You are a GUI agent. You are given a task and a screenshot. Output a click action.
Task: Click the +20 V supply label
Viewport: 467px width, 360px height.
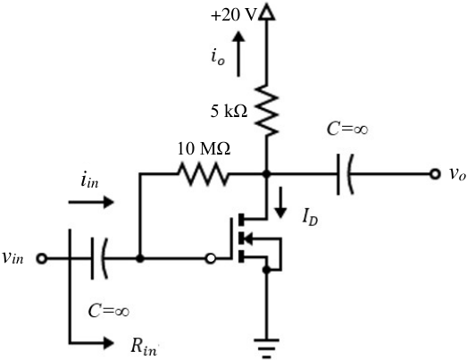tap(234, 15)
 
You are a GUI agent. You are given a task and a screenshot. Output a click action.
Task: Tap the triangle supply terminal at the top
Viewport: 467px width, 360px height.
tap(267, 13)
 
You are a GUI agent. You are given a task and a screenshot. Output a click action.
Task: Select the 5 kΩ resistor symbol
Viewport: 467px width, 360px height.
tap(267, 111)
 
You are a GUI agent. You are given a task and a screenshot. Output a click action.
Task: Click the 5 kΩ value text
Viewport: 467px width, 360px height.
tap(229, 112)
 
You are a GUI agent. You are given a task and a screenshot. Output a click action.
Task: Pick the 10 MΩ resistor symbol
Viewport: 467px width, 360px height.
tap(203, 173)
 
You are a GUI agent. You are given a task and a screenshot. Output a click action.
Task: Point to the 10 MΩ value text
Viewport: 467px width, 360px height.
tap(204, 148)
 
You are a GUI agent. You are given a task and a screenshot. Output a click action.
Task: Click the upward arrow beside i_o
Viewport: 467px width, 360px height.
tap(238, 54)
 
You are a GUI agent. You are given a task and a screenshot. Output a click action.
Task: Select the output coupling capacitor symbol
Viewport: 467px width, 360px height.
tap(345, 174)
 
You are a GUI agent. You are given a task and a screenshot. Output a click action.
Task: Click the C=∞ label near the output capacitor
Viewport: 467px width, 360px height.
tap(347, 130)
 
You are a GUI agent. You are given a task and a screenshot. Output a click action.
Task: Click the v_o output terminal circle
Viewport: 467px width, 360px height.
tap(435, 174)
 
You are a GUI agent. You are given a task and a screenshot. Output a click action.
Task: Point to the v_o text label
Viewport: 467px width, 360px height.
tap(457, 174)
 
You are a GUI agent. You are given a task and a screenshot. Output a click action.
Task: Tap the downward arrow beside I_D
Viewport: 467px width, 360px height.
tap(280, 203)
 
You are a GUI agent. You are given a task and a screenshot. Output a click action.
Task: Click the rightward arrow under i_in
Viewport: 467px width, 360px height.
tap(91, 202)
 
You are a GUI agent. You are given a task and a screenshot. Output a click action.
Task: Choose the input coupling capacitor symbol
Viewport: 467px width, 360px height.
tap(99, 258)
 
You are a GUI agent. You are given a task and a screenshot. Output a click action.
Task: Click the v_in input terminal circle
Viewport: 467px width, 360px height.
tap(42, 258)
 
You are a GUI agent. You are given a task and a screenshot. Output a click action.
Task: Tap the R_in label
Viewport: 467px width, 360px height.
tap(144, 347)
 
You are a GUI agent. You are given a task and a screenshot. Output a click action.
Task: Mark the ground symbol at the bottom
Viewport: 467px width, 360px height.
tap(267, 347)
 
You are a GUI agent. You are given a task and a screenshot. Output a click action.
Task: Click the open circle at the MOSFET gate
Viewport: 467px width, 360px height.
tap(210, 258)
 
